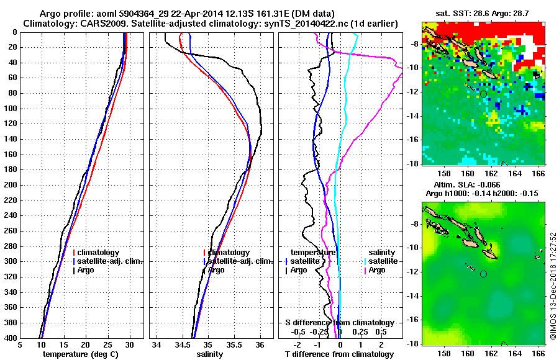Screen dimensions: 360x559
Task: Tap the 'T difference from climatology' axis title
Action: click(x=339, y=354)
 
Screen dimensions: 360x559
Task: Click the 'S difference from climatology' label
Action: click(x=339, y=323)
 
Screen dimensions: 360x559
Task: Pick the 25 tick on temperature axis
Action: click(x=107, y=345)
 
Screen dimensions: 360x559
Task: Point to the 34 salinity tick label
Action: click(x=157, y=345)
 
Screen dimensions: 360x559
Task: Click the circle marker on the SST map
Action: click(x=483, y=94)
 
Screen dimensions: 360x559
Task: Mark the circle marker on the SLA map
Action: click(x=483, y=274)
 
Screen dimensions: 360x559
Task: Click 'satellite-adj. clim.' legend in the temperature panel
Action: click(x=109, y=261)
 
